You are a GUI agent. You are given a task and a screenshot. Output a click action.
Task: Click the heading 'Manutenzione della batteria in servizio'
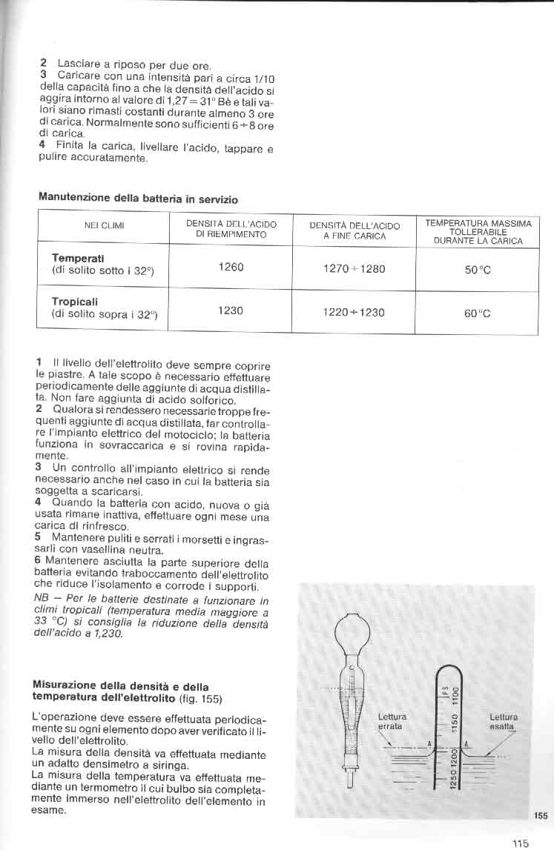click(138, 199)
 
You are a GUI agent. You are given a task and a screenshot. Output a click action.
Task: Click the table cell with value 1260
click(231, 267)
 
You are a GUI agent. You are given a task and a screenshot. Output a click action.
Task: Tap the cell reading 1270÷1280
click(354, 269)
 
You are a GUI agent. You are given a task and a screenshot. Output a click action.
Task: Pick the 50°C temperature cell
click(478, 270)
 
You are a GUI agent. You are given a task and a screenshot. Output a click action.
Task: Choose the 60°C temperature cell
click(478, 313)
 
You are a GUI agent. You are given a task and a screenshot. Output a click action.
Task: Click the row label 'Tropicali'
click(75, 302)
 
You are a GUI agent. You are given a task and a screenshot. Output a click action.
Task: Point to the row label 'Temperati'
click(77, 258)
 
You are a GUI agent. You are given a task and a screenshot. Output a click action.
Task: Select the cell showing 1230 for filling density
click(231, 311)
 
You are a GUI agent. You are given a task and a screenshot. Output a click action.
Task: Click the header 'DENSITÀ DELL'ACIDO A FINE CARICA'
click(354, 230)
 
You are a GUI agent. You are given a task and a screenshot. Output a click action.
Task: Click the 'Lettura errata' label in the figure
click(391, 721)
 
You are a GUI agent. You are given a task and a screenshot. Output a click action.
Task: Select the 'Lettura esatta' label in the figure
click(504, 721)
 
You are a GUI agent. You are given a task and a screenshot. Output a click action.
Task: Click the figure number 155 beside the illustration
click(540, 815)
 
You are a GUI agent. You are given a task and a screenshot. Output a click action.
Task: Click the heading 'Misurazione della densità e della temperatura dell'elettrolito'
click(121, 691)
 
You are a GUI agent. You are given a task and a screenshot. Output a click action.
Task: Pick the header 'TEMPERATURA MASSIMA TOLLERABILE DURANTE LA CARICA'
click(478, 232)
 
